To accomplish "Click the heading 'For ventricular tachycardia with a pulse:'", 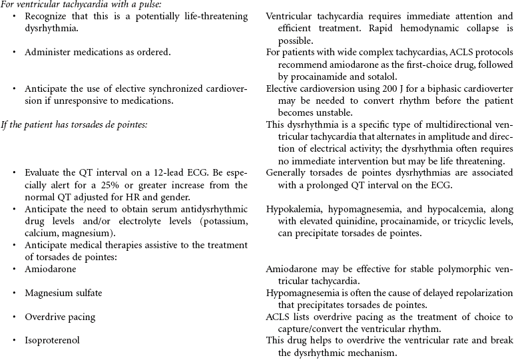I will (x=77, y=5).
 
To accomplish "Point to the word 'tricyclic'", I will (x=466, y=221).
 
